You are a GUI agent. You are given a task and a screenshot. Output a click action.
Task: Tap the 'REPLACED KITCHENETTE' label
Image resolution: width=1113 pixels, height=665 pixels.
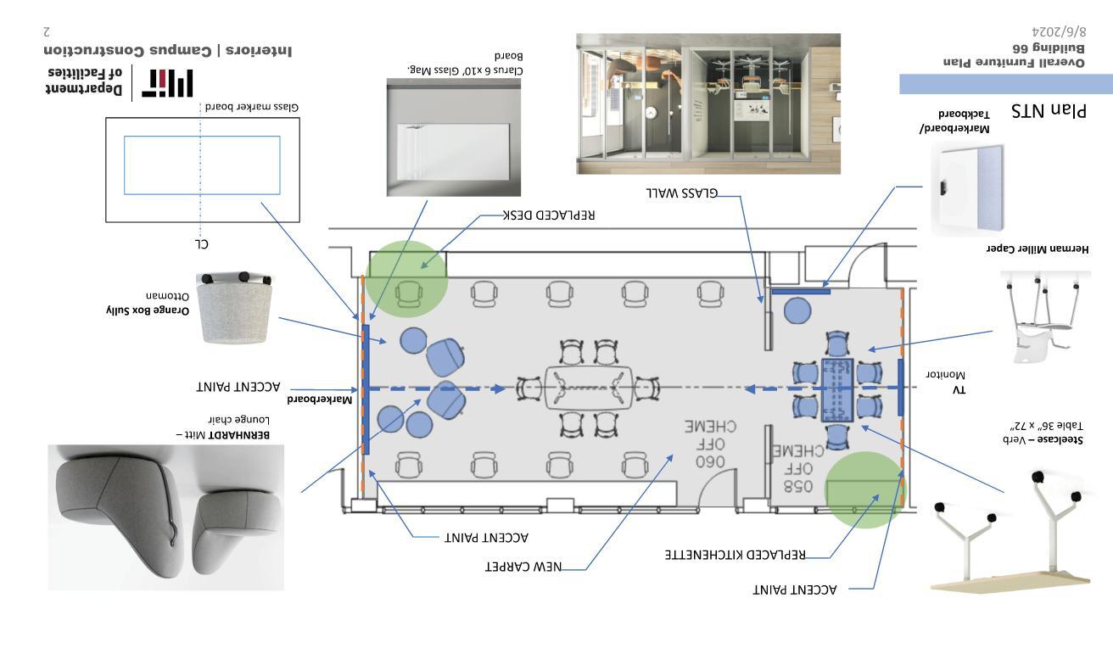tap(735, 555)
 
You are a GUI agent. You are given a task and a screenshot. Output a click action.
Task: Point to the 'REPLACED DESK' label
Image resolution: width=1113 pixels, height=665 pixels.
tap(549, 215)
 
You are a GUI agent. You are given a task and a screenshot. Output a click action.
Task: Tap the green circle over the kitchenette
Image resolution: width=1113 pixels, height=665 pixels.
tap(864, 490)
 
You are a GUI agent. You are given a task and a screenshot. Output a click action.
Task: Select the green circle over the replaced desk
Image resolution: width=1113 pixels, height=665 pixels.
tap(406, 281)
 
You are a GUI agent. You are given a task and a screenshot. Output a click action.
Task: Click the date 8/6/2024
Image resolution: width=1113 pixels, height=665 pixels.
tap(1054, 30)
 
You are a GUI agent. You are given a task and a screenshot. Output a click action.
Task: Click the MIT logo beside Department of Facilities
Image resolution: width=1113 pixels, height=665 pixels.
tap(165, 82)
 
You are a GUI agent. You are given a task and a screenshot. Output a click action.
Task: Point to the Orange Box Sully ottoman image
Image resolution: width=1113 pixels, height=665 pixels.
tap(233, 307)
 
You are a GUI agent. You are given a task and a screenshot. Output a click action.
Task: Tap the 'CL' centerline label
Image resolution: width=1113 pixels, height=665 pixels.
tap(201, 243)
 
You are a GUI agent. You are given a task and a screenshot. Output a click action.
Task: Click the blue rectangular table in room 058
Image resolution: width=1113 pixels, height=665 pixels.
tap(836, 389)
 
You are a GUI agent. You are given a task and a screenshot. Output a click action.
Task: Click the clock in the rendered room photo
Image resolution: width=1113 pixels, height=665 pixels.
tap(652, 112)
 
